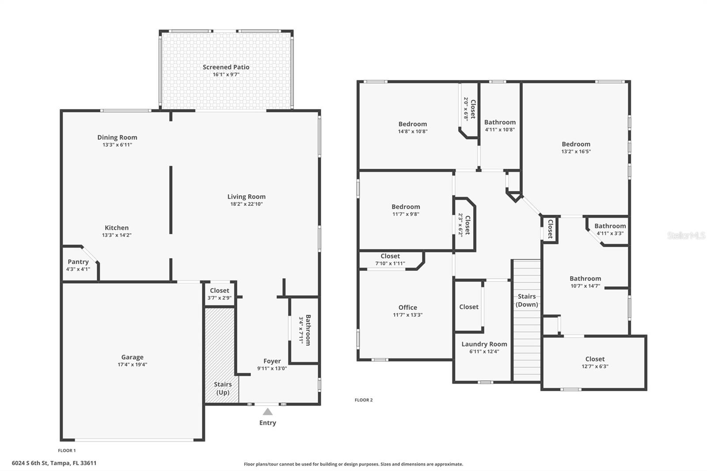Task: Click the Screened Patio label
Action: click(226, 67)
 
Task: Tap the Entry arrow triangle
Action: click(267, 412)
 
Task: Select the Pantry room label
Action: click(78, 262)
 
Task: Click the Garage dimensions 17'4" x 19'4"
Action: click(132, 365)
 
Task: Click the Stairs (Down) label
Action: click(527, 300)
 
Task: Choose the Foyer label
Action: click(272, 361)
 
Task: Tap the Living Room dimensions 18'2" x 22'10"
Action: click(247, 204)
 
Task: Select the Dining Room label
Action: click(117, 137)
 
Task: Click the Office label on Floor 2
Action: click(407, 308)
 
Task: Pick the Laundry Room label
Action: click(484, 344)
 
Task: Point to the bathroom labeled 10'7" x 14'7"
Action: click(585, 282)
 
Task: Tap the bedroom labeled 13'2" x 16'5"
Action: click(576, 147)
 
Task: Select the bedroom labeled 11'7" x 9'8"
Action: click(405, 210)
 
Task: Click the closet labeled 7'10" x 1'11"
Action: click(390, 259)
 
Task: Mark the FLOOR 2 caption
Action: click(364, 400)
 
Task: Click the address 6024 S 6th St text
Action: click(54, 463)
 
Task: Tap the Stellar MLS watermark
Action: click(686, 236)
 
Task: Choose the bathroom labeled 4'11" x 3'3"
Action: click(610, 229)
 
